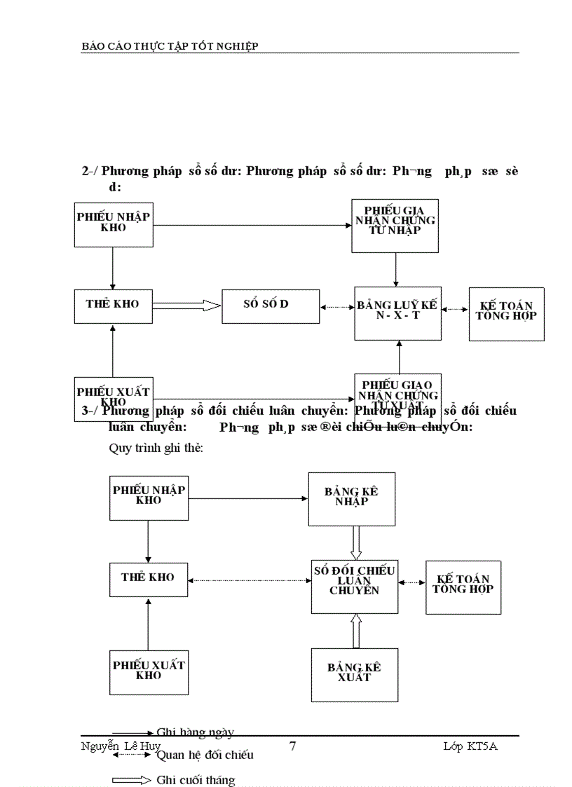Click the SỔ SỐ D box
click(271, 306)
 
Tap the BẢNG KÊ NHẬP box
click(351, 498)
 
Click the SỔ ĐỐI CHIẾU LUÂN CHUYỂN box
click(355, 586)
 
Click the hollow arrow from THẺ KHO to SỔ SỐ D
click(186, 306)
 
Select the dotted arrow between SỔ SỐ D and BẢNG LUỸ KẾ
click(336, 307)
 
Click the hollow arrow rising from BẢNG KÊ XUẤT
click(355, 631)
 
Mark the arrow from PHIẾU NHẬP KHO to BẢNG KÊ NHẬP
click(248, 499)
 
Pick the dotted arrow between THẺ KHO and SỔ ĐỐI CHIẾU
click(250, 580)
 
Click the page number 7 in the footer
click(292, 746)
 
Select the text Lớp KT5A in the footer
click(470, 746)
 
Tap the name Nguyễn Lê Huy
click(121, 746)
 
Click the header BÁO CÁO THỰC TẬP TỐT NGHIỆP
click(170, 46)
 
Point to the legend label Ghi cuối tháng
click(196, 779)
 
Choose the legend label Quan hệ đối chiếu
click(205, 755)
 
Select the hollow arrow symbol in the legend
click(131, 780)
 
